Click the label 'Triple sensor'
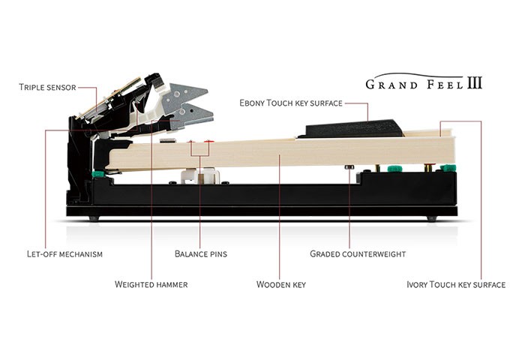tap(46, 88)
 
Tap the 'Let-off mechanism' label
tap(60, 254)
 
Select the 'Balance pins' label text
tap(200, 254)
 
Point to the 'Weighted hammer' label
tap(151, 284)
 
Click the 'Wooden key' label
tap(280, 284)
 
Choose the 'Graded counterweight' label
tap(358, 254)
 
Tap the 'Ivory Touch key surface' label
tap(456, 284)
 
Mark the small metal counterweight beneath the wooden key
tap(349, 167)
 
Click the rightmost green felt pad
tap(448, 167)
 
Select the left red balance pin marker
tap(191, 141)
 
